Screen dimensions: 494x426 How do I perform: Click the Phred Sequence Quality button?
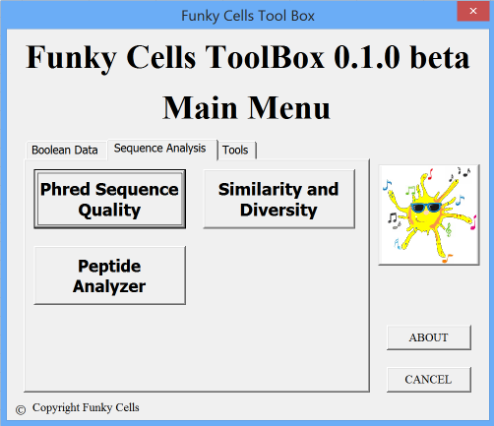point(109,199)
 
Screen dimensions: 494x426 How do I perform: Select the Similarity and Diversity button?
point(278,199)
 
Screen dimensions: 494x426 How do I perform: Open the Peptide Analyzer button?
point(109,275)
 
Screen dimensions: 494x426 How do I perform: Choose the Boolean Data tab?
point(66,151)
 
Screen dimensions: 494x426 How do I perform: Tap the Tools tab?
point(236,151)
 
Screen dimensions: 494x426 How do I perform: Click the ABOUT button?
point(429,337)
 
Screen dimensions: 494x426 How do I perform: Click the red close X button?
point(473,11)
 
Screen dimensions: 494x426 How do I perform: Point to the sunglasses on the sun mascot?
point(426,208)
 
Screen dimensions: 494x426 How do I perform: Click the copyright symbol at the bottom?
point(21,410)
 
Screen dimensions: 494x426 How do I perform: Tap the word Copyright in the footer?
point(56,408)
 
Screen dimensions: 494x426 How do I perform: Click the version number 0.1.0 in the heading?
point(367,57)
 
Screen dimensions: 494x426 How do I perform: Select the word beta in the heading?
point(440,57)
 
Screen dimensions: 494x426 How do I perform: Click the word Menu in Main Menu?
point(288,108)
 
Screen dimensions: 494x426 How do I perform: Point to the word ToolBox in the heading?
point(265,57)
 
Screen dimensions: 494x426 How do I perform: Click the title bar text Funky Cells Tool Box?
point(248,16)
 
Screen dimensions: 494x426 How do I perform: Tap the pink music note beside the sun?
point(473,223)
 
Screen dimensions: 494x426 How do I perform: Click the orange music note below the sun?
point(448,258)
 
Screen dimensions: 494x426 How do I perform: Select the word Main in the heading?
point(200,108)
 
